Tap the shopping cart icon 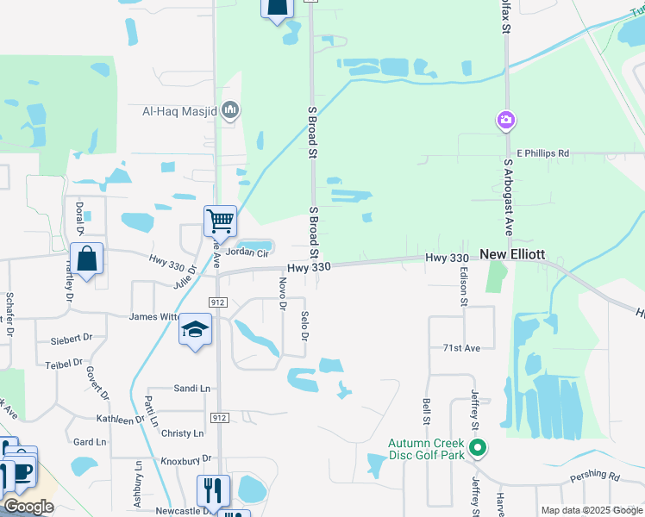click(220, 221)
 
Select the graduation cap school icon click(196, 330)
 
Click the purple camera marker click(506, 121)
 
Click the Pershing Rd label click(594, 477)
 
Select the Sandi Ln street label click(191, 389)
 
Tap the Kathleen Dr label click(121, 419)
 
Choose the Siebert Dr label click(71, 338)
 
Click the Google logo click(28, 506)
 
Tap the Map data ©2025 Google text click(591, 510)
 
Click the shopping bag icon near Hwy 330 click(87, 258)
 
